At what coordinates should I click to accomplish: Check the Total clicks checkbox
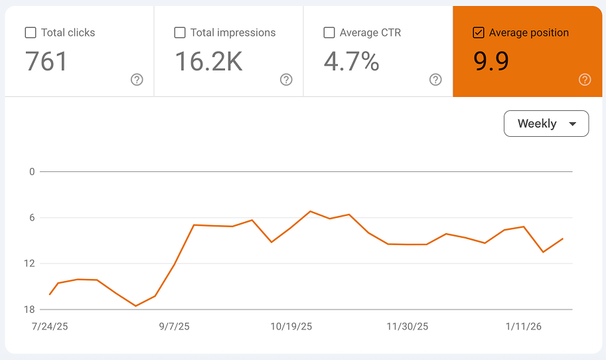pyautogui.click(x=31, y=33)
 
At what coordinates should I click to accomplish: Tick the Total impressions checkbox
pyautogui.click(x=180, y=33)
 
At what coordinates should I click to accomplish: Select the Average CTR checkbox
pyautogui.click(x=329, y=33)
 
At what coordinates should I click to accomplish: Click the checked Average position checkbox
pyautogui.click(x=479, y=33)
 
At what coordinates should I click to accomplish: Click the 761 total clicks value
pyautogui.click(x=46, y=62)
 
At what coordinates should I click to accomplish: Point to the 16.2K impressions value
pyautogui.click(x=208, y=62)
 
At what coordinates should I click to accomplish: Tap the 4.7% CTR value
pyautogui.click(x=351, y=62)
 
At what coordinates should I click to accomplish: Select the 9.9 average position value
pyautogui.click(x=491, y=62)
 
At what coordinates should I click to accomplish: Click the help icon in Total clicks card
pyautogui.click(x=137, y=80)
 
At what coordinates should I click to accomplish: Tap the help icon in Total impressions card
pyautogui.click(x=286, y=80)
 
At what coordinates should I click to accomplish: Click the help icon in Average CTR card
pyautogui.click(x=435, y=80)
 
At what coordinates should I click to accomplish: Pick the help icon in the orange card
pyautogui.click(x=585, y=80)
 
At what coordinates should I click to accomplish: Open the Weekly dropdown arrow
pyautogui.click(x=572, y=124)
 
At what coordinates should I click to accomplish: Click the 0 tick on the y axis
pyautogui.click(x=31, y=172)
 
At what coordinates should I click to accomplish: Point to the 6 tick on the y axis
pyautogui.click(x=31, y=218)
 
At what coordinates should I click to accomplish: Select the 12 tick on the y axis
pyautogui.click(x=30, y=264)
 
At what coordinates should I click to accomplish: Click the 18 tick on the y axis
pyautogui.click(x=30, y=310)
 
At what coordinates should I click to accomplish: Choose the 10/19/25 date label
pyautogui.click(x=291, y=327)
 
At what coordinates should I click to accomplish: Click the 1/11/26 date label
pyautogui.click(x=524, y=327)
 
